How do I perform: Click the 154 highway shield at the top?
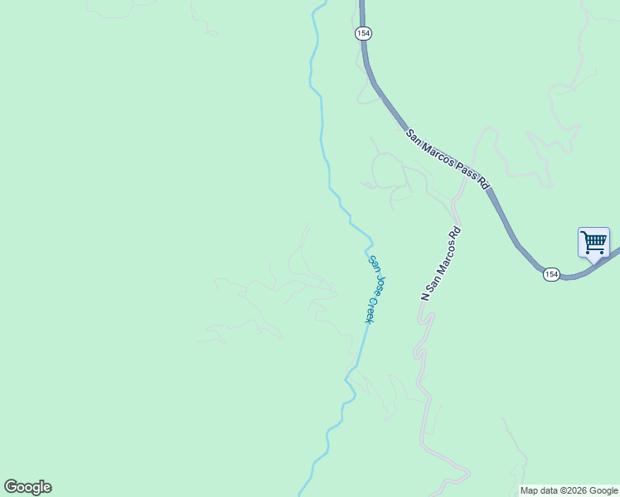click(363, 33)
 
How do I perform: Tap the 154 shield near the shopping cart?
click(552, 274)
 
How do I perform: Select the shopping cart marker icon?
click(593, 243)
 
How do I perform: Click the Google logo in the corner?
click(27, 487)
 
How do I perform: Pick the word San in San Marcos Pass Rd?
click(413, 135)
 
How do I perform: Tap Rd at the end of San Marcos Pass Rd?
click(482, 182)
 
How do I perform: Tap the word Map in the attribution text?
click(529, 490)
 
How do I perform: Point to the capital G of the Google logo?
click(11, 487)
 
